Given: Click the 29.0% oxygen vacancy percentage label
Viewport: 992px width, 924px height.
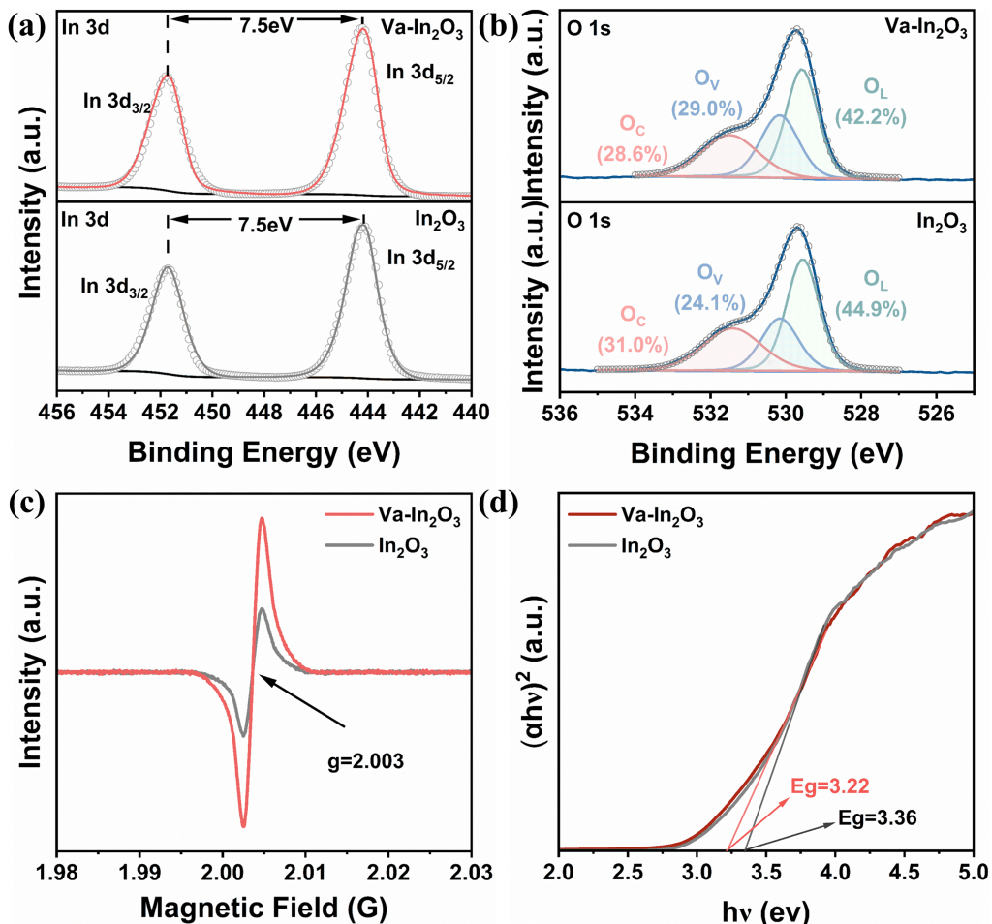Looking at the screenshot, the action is (x=706, y=108).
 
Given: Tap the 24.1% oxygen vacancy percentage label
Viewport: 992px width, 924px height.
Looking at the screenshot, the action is (x=710, y=303).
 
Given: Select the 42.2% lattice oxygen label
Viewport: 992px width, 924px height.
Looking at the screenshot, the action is (x=871, y=117).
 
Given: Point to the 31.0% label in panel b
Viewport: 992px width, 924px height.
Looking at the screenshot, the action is (x=634, y=345).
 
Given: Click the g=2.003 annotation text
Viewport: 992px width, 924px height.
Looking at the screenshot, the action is (x=365, y=761).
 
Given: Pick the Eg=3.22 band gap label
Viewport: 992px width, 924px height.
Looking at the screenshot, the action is (x=830, y=786).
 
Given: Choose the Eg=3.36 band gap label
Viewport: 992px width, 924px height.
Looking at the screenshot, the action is (x=878, y=817).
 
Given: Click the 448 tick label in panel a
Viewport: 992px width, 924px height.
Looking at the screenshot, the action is (x=264, y=413).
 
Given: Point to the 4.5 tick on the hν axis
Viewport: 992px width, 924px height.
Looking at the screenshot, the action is (x=904, y=873).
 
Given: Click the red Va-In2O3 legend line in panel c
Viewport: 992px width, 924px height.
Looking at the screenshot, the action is (x=349, y=515).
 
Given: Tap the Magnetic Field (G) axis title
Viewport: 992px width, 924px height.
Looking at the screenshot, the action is (x=263, y=908).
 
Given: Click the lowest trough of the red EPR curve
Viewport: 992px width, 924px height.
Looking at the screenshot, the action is (x=243, y=825).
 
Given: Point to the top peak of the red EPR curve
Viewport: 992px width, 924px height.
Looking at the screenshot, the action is (x=262, y=519).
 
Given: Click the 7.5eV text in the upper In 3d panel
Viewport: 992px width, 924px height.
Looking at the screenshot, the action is (x=265, y=26).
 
